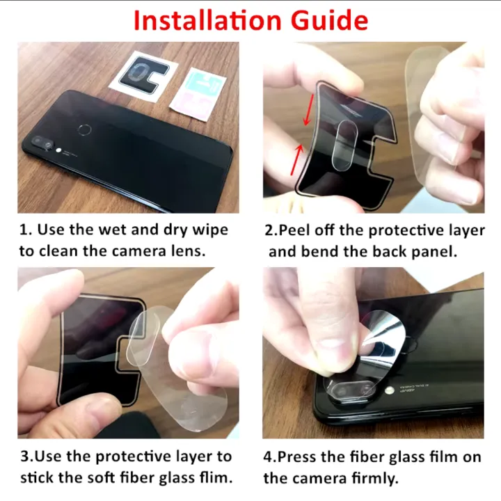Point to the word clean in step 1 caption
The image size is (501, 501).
tap(58, 251)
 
